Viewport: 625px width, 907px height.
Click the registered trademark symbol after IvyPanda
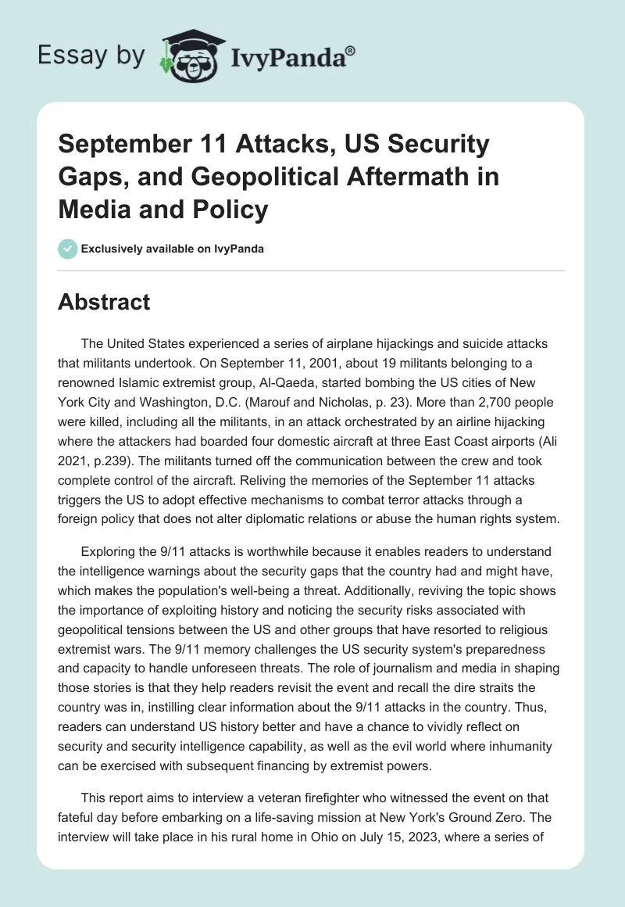pos(351,51)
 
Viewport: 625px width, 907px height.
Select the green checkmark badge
pos(67,249)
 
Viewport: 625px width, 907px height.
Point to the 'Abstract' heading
pos(104,302)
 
